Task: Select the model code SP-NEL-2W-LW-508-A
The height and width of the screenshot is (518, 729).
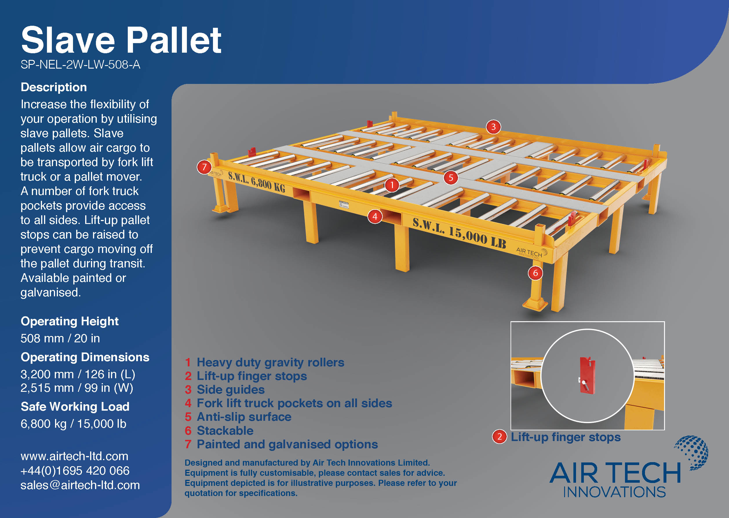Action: (80, 65)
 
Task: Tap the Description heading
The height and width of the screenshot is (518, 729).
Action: (54, 87)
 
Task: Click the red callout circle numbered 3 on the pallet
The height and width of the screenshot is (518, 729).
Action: (493, 127)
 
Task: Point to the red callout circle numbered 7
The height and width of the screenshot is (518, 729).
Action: (204, 167)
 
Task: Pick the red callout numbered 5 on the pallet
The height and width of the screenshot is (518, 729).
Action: (451, 177)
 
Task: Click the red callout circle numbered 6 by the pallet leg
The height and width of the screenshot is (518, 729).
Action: (535, 273)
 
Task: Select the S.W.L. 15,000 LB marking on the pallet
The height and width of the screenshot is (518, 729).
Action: (459, 233)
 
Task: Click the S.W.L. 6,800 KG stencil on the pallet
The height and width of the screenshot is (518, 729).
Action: (256, 182)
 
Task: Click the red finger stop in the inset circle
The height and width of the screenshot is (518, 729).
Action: (587, 376)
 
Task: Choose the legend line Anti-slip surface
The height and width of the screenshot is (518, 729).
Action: (244, 417)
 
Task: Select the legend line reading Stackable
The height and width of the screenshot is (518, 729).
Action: (225, 431)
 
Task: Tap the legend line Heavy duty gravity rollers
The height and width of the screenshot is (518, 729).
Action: (270, 362)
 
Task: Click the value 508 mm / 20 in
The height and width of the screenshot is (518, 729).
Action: (60, 338)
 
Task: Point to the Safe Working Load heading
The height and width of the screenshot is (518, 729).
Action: (75, 406)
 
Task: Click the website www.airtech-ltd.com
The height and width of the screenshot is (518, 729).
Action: (74, 456)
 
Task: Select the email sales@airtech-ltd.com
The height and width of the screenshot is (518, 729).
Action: (80, 485)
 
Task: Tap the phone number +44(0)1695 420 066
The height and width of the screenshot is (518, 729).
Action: (75, 471)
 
